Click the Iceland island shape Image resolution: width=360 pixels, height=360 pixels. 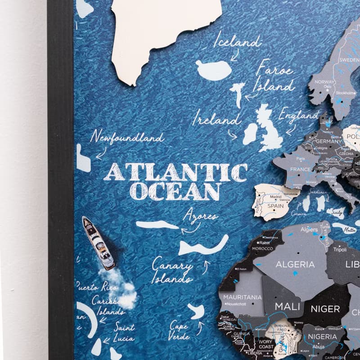(x=214, y=70)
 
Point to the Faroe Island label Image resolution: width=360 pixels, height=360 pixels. (x=274, y=77)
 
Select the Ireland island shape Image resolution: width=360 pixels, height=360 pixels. (x=250, y=134)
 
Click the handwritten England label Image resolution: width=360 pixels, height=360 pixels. (x=298, y=116)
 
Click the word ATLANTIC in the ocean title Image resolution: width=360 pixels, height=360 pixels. (x=175, y=172)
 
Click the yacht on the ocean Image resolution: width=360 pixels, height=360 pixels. (x=98, y=243)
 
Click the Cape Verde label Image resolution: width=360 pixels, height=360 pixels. (x=179, y=330)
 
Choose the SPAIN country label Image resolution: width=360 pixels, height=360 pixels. (x=276, y=206)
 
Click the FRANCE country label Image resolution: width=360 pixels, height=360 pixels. (x=300, y=169)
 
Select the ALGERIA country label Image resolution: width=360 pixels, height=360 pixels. (x=295, y=264)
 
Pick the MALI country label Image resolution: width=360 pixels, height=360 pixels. (x=287, y=306)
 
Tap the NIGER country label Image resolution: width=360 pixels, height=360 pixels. (x=325, y=309)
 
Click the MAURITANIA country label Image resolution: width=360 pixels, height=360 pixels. (x=243, y=297)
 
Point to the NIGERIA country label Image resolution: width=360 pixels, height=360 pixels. (x=322, y=337)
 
